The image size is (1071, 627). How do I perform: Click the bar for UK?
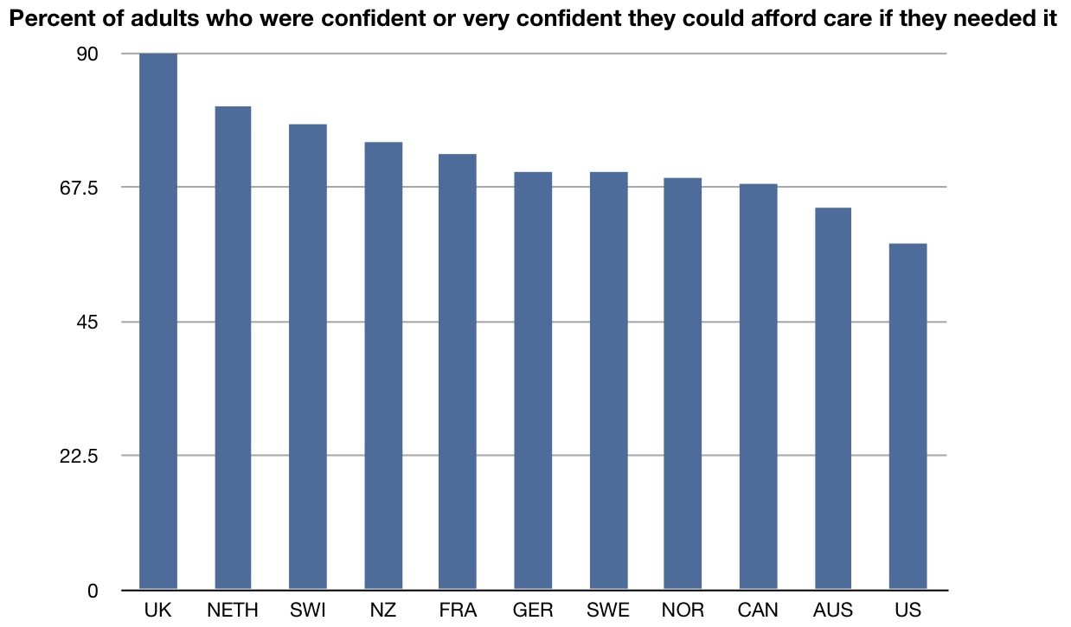click(x=158, y=322)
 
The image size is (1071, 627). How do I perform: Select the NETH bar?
click(x=233, y=348)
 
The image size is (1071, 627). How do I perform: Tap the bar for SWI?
click(x=308, y=356)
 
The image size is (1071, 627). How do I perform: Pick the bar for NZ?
click(x=383, y=366)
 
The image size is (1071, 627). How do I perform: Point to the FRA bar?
click(x=458, y=372)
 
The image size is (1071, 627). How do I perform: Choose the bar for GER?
click(x=533, y=381)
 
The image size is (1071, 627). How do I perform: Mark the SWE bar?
click(x=608, y=381)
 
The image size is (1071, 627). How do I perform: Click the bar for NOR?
click(x=683, y=384)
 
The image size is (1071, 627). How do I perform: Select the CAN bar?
click(x=758, y=387)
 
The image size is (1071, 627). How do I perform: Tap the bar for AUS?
click(x=833, y=399)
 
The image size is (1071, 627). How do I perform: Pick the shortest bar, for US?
click(x=907, y=417)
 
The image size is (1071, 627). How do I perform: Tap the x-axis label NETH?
click(x=233, y=611)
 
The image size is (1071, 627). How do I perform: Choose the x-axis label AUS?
click(x=833, y=611)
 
